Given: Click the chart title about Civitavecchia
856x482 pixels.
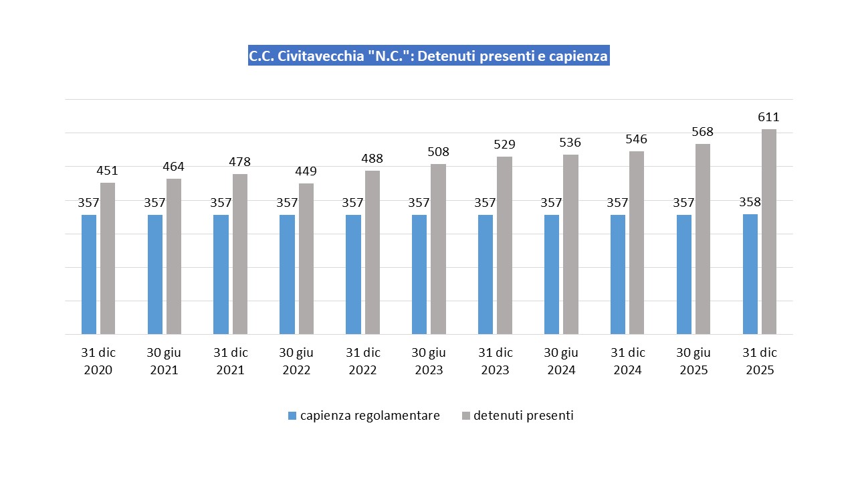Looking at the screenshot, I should coord(428,56).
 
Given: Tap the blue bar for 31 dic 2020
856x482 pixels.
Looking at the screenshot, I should coord(89,274).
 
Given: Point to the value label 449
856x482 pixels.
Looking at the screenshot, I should coord(306,171).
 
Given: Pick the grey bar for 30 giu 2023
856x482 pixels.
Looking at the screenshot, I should coord(438,249).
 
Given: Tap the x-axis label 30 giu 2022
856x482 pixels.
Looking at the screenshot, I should coord(296,361).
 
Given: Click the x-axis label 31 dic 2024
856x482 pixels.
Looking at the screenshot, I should coord(627,361).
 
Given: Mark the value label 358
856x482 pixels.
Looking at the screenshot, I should coord(750,202).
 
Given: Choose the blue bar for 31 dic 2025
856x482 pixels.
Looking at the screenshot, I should coord(750,274).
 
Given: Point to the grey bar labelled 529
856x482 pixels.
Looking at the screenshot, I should coord(504,245).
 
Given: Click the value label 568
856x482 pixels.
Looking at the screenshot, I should coord(702,132).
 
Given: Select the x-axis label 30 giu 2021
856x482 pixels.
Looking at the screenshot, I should coord(164,361).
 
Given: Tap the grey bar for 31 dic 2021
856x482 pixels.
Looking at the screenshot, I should coord(239,254).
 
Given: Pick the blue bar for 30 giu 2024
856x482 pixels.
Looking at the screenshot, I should coord(552,274).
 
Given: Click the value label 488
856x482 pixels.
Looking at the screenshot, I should coord(372,159).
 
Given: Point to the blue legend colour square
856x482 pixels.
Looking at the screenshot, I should coord(292,416).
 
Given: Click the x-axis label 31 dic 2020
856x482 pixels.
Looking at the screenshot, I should coord(98,361).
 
